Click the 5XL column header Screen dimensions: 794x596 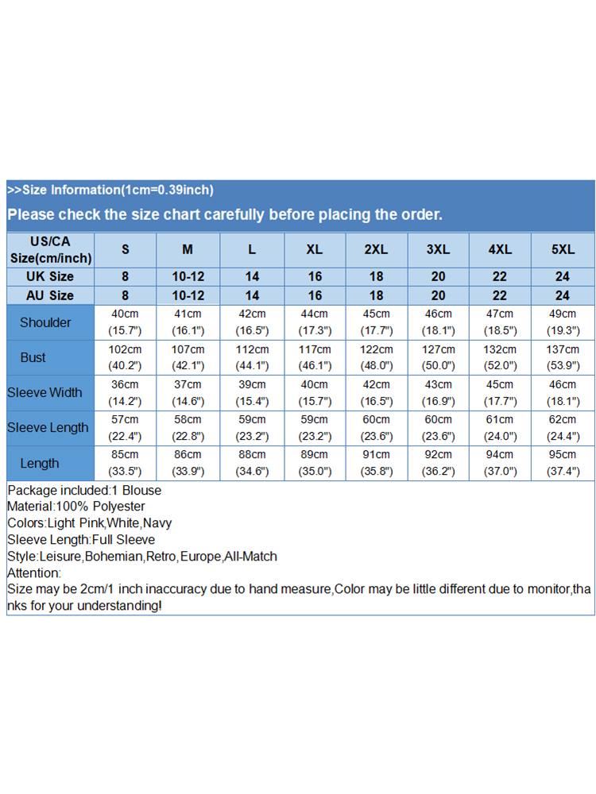pos(563,249)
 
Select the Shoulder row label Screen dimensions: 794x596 pos(45,322)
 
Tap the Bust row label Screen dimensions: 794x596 pos(33,357)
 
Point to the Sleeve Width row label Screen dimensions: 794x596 pos(45,392)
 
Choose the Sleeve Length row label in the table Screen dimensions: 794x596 pos(48,427)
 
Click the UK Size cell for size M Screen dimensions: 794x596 pos(188,276)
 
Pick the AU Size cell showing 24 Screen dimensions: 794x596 pos(563,295)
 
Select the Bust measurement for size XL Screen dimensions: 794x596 pos(314,357)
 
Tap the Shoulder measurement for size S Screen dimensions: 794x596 pos(125,322)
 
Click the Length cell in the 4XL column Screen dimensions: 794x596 pos(500,463)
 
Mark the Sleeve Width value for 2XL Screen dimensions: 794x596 pos(376,392)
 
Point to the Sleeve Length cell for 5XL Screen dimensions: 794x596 pos(563,427)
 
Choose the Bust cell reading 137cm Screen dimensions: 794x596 pos(563,357)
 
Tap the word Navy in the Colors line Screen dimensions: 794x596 pos(157,523)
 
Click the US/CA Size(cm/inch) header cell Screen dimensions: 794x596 pos(51,249)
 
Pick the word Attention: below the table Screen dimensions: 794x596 pos(33,572)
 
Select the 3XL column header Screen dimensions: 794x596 pos(438,249)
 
